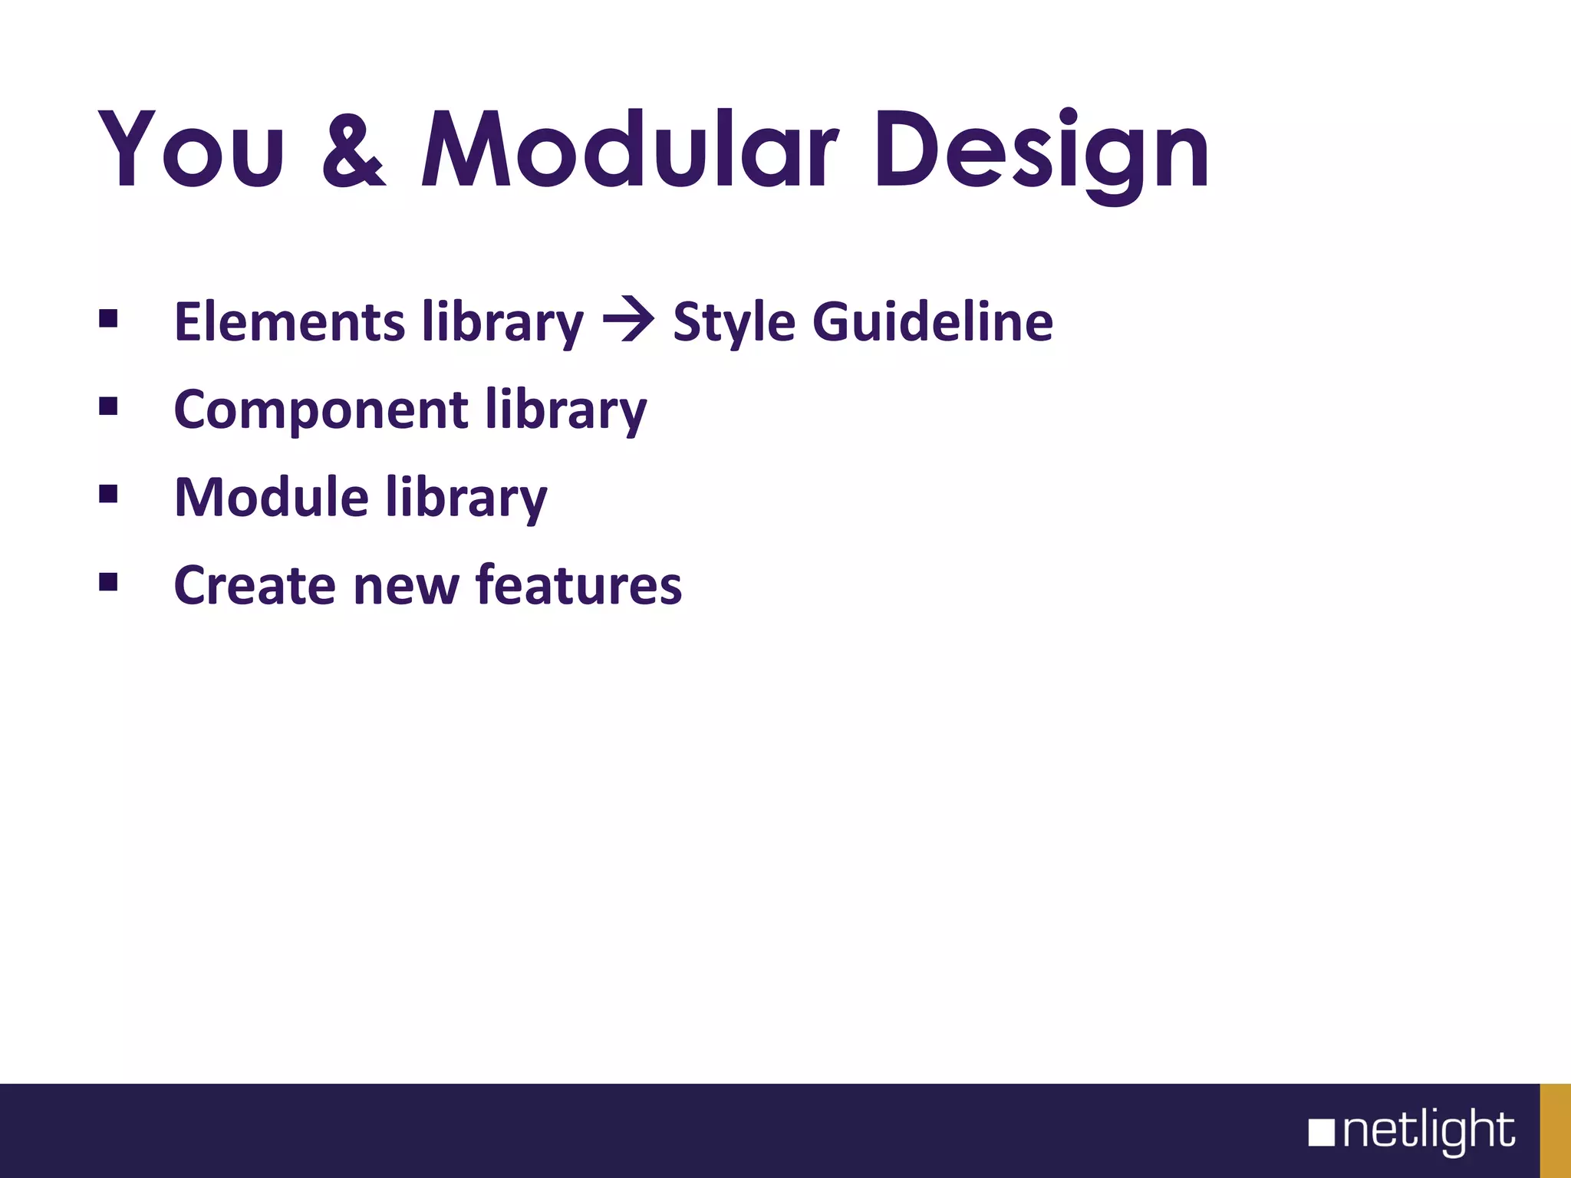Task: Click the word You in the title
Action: point(192,150)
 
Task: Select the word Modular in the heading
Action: point(629,150)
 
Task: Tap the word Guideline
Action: point(933,321)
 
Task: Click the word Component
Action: point(321,410)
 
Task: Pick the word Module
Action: point(272,498)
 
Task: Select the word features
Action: point(578,585)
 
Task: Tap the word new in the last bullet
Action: point(405,587)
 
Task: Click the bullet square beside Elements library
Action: point(108,318)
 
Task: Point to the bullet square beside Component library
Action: point(108,406)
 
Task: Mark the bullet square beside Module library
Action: point(108,494)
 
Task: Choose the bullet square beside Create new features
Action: point(108,582)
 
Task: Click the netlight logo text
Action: point(1428,1130)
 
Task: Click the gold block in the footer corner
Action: point(1555,1130)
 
